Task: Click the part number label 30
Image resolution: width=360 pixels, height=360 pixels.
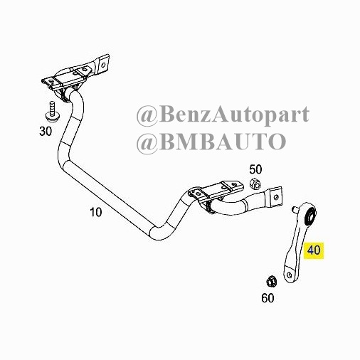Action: click(x=46, y=131)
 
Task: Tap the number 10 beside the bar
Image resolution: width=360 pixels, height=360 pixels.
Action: click(x=96, y=212)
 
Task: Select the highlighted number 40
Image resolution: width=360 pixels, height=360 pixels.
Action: click(x=314, y=250)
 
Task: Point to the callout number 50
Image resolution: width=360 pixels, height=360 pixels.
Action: click(x=255, y=169)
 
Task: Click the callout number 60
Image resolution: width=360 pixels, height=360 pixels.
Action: click(x=268, y=298)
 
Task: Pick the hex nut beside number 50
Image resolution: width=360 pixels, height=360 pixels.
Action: click(x=255, y=184)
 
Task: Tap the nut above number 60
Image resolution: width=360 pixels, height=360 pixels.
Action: click(x=270, y=282)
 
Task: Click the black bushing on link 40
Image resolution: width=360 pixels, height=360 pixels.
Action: click(x=310, y=216)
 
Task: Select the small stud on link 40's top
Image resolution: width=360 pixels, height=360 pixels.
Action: click(x=295, y=210)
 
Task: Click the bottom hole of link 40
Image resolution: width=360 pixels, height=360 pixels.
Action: click(x=289, y=275)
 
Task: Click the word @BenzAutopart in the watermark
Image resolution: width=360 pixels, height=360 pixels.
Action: click(x=223, y=115)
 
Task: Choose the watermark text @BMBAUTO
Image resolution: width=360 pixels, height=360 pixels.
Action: click(x=211, y=142)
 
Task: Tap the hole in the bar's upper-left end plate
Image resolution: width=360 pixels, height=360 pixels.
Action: click(x=103, y=65)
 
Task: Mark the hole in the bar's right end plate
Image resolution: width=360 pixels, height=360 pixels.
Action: click(x=275, y=197)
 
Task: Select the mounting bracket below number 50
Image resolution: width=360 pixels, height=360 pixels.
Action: click(x=216, y=191)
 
